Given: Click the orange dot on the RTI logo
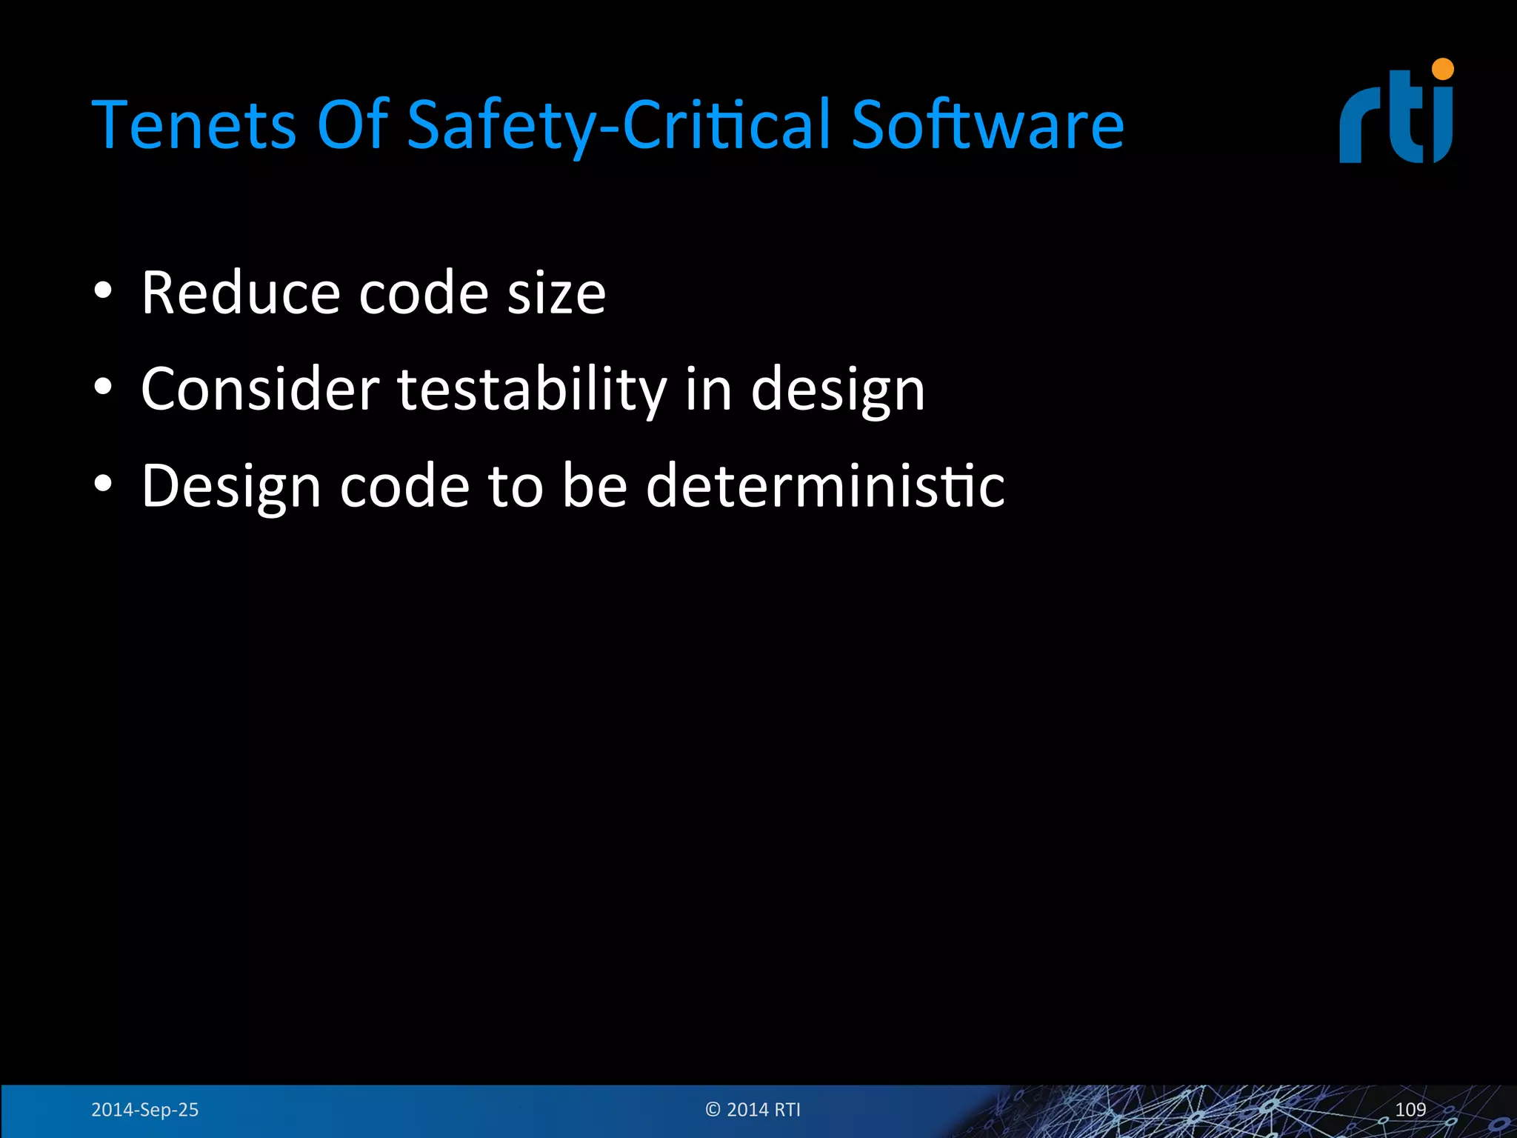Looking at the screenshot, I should [x=1443, y=70].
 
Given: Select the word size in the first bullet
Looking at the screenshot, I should [x=556, y=293].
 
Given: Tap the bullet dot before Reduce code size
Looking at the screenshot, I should [x=103, y=290].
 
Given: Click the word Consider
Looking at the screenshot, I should [x=259, y=389].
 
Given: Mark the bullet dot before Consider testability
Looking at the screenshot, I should [x=103, y=387].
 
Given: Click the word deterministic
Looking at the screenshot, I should [x=825, y=485].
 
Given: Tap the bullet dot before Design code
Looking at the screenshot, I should [x=103, y=483].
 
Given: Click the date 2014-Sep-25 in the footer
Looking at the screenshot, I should [x=144, y=1109].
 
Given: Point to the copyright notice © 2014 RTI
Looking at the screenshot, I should [x=753, y=1109].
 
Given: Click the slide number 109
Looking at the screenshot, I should [x=1410, y=1109].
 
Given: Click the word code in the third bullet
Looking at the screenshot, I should [x=404, y=485].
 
